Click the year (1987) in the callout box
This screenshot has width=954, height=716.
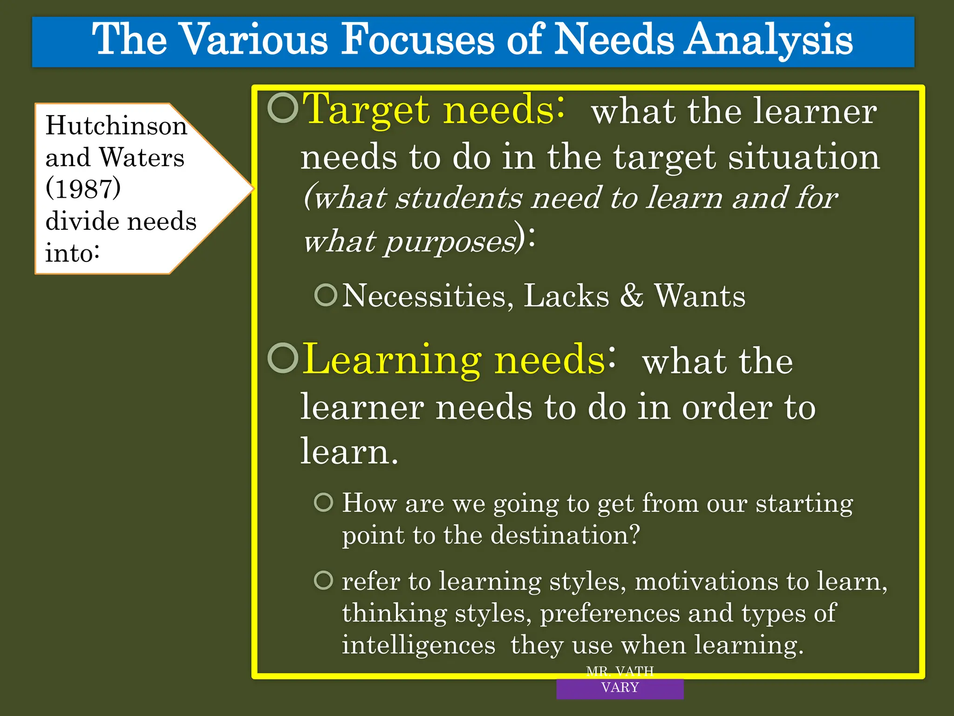click(x=83, y=189)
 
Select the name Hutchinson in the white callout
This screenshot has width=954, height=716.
click(x=116, y=125)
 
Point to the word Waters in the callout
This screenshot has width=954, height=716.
click(x=142, y=157)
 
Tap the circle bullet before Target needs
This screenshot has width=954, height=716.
click(x=283, y=108)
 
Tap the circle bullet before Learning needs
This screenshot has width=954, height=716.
click(x=283, y=358)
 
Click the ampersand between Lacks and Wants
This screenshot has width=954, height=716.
click(x=631, y=296)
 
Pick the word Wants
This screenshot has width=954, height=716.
click(x=700, y=296)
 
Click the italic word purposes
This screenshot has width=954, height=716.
click(x=450, y=242)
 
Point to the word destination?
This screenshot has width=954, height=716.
click(x=566, y=535)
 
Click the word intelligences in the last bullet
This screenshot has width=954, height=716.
click(x=418, y=645)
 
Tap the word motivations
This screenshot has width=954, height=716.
click(x=706, y=582)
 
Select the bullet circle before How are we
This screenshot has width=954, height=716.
click(x=324, y=503)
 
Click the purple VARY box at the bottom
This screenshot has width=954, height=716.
click(x=620, y=688)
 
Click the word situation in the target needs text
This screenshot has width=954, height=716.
click(x=804, y=157)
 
